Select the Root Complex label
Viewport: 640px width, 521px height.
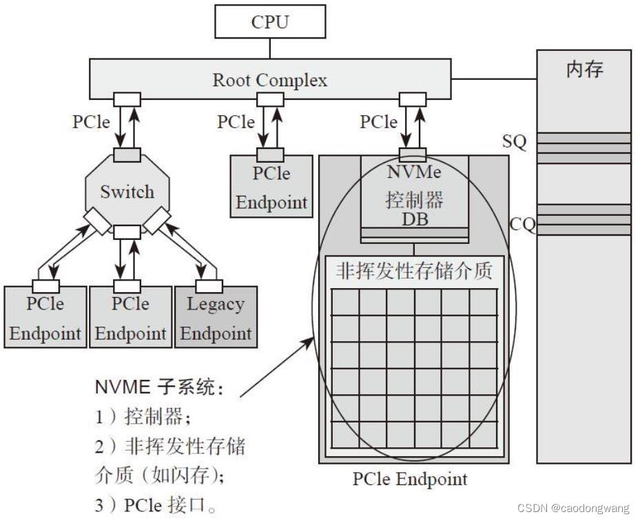pyautogui.click(x=269, y=80)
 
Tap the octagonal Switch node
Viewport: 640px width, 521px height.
pyautogui.click(x=127, y=192)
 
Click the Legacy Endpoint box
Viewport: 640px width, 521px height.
pyautogui.click(x=216, y=318)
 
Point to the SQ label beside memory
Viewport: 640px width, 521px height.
pyautogui.click(x=515, y=143)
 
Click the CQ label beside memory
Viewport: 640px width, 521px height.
pyautogui.click(x=522, y=224)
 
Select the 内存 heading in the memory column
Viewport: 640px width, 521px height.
pyautogui.click(x=584, y=69)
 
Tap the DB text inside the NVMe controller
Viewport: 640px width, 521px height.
pyautogui.click(x=414, y=219)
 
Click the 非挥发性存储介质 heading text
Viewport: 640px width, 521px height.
pyautogui.click(x=414, y=271)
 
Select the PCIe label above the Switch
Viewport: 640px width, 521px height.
pyautogui.click(x=91, y=122)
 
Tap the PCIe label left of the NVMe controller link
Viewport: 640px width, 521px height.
pyautogui.click(x=378, y=122)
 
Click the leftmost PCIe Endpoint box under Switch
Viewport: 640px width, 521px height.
pyautogui.click(x=45, y=318)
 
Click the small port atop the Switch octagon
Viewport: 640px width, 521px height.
pyautogui.click(x=127, y=156)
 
